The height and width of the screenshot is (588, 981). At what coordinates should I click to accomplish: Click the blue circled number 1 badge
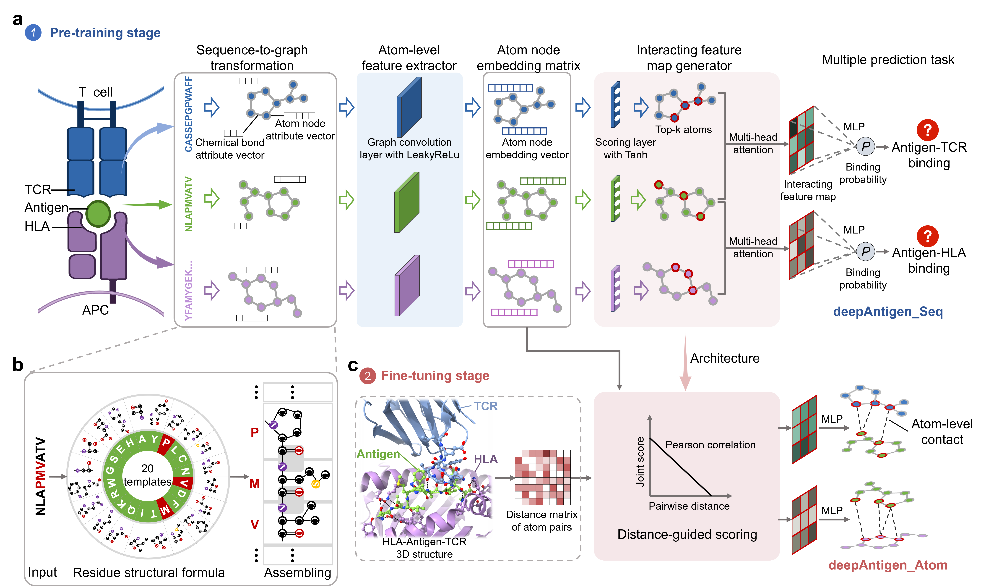tap(33, 32)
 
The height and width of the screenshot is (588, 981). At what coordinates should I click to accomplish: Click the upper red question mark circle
tap(927, 130)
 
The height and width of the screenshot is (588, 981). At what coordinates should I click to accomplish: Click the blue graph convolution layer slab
tap(409, 107)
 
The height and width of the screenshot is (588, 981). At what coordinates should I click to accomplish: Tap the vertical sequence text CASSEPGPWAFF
tap(189, 114)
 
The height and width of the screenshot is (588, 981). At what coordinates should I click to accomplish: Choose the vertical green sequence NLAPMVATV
tap(189, 204)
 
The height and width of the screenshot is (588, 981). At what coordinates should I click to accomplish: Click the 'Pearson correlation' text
tap(710, 445)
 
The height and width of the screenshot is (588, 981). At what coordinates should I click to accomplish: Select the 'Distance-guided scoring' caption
tap(687, 535)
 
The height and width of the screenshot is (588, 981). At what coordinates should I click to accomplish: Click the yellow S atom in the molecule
tap(316, 484)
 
